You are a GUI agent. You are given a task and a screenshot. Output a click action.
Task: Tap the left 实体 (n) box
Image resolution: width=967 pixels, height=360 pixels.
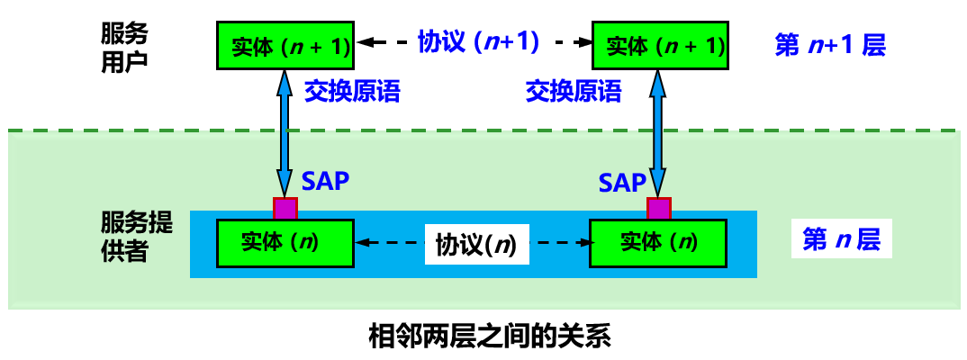(x=285, y=241)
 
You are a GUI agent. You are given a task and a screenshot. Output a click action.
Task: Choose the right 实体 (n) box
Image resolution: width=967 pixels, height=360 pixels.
(x=658, y=241)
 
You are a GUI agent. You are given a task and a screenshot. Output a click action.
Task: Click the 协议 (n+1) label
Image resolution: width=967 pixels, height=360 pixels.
(x=478, y=41)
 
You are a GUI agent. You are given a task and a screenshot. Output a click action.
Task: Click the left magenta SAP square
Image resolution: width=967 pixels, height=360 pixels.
(x=285, y=208)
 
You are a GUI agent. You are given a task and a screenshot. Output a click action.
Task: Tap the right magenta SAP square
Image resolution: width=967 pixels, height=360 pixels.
(x=659, y=209)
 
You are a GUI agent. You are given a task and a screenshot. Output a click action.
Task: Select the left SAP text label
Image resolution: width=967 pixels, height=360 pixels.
(x=325, y=180)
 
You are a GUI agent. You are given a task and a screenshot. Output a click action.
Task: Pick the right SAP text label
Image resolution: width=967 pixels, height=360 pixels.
(x=622, y=184)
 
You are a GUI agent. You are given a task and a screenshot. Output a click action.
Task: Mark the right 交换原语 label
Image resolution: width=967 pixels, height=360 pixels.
(x=574, y=92)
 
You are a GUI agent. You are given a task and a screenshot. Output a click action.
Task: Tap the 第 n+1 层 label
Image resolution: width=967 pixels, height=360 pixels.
(x=830, y=45)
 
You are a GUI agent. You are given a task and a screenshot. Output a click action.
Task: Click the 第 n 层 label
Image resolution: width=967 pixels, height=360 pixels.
(x=841, y=240)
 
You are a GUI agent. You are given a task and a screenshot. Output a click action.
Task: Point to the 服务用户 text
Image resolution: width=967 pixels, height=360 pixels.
(x=125, y=49)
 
